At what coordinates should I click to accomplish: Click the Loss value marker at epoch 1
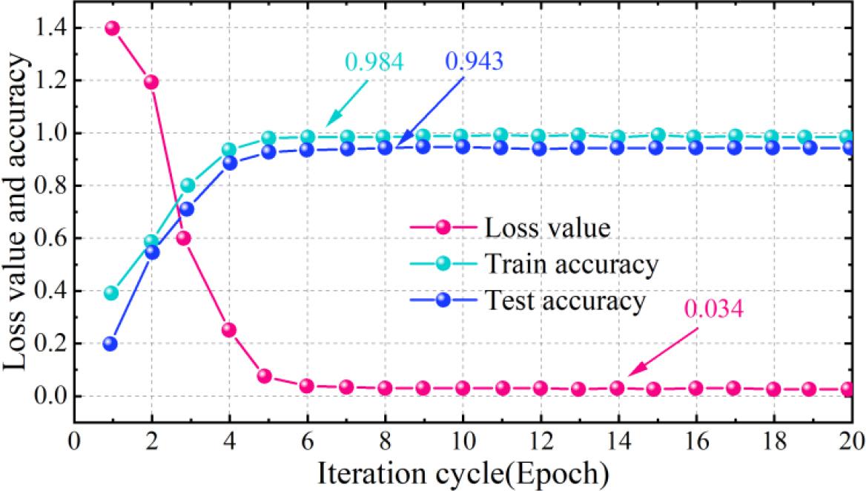113,28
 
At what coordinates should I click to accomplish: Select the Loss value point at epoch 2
151,82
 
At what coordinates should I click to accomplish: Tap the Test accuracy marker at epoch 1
110,343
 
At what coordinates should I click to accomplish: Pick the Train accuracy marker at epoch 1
111,293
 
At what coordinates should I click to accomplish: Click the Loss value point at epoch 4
229,330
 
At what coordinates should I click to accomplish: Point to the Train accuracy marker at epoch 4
229,150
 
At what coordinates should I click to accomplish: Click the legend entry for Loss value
547,227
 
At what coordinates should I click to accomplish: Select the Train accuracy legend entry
571,263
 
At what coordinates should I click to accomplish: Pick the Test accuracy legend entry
566,300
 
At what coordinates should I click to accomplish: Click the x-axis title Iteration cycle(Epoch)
464,470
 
